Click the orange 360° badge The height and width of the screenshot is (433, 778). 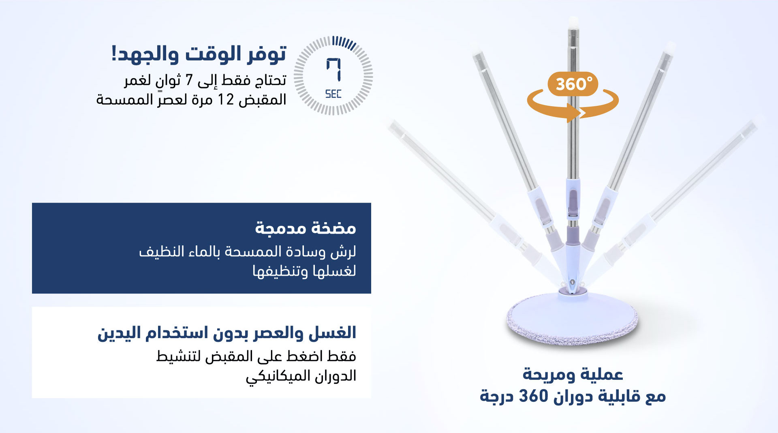pyautogui.click(x=573, y=84)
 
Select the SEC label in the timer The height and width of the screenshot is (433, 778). pyautogui.click(x=333, y=94)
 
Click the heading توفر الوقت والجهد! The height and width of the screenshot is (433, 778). pyautogui.click(x=199, y=54)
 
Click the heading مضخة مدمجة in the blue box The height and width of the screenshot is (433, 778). pyautogui.click(x=306, y=228)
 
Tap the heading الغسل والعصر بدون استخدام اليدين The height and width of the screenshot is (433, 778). pyautogui.click(x=227, y=333)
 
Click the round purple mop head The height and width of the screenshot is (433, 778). pyautogui.click(x=573, y=322)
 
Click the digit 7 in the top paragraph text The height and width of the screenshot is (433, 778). pyautogui.click(x=189, y=80)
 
